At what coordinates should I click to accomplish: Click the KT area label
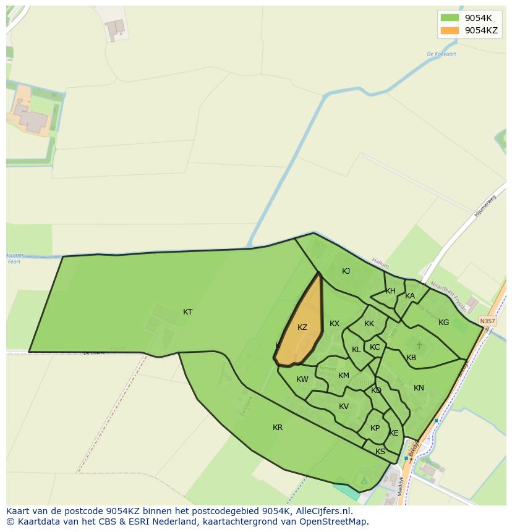(x=187, y=312)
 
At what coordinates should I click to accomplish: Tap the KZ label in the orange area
(x=302, y=327)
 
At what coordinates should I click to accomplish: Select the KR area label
(x=278, y=428)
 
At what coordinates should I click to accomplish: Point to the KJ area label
(x=346, y=271)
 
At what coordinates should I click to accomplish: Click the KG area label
(x=443, y=323)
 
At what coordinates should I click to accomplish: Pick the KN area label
(x=419, y=388)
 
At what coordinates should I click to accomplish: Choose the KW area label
(x=302, y=379)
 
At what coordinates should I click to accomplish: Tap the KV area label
(x=344, y=407)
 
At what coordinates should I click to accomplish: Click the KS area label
(x=380, y=452)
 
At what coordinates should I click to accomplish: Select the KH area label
(x=390, y=291)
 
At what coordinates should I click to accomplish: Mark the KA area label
(x=410, y=296)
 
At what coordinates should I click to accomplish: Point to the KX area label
(x=335, y=324)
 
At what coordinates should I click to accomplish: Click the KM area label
(x=344, y=376)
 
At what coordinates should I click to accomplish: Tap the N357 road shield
(x=487, y=321)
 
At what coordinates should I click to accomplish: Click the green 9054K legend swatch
(x=450, y=18)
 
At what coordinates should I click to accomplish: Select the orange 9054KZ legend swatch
(x=450, y=30)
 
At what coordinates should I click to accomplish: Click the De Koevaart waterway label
(x=442, y=54)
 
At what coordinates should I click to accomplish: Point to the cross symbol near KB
(x=419, y=345)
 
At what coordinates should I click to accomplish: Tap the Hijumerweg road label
(x=485, y=205)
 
